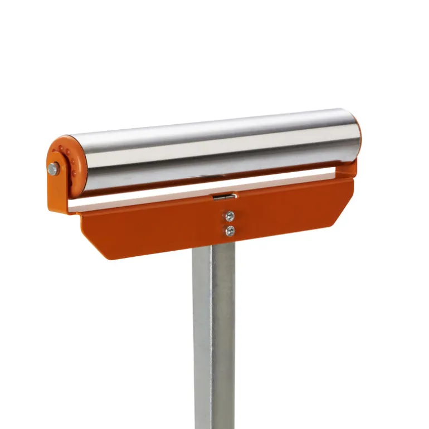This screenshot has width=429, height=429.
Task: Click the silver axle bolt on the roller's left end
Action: pos(53,169)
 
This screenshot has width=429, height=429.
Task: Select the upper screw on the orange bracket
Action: pos(230,217)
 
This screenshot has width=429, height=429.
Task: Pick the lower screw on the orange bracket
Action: pos(230,230)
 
